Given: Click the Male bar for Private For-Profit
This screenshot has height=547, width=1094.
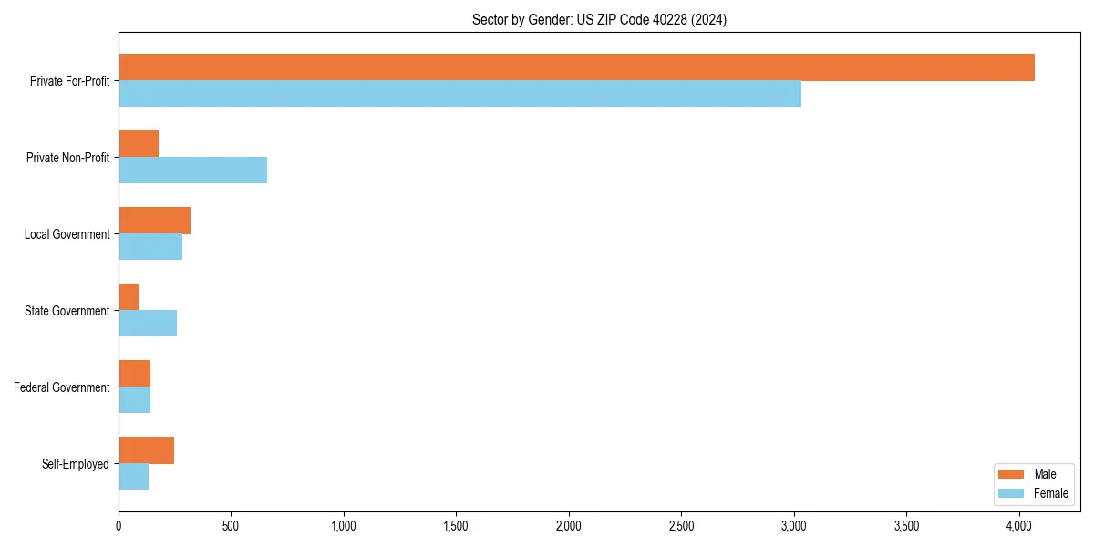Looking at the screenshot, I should point(576,67).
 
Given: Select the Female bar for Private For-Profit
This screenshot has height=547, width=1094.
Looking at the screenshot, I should point(459,94).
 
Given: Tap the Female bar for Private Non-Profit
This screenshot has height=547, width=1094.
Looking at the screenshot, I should point(192,170).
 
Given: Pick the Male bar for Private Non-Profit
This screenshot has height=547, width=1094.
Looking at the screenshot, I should point(139,144).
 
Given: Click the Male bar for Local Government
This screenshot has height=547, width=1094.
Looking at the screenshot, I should point(154,221).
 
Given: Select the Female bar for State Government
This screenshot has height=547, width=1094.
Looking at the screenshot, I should point(148,324).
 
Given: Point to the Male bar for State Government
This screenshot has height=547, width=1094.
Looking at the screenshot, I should point(129,297).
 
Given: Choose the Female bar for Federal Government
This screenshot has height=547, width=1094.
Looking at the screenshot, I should point(134,400).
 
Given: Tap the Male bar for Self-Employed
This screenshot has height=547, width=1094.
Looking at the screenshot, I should point(146,450).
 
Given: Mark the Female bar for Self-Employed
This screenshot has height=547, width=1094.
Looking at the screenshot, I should point(133,477).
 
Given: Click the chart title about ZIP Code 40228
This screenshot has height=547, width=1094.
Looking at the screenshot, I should point(599,19).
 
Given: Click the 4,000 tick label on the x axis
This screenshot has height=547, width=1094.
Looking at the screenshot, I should point(1019,526).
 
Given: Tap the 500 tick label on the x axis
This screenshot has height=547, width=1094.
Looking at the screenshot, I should point(231,526).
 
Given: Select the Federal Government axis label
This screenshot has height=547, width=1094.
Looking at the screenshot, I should point(62,387).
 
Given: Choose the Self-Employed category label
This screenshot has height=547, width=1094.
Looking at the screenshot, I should point(76,464).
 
